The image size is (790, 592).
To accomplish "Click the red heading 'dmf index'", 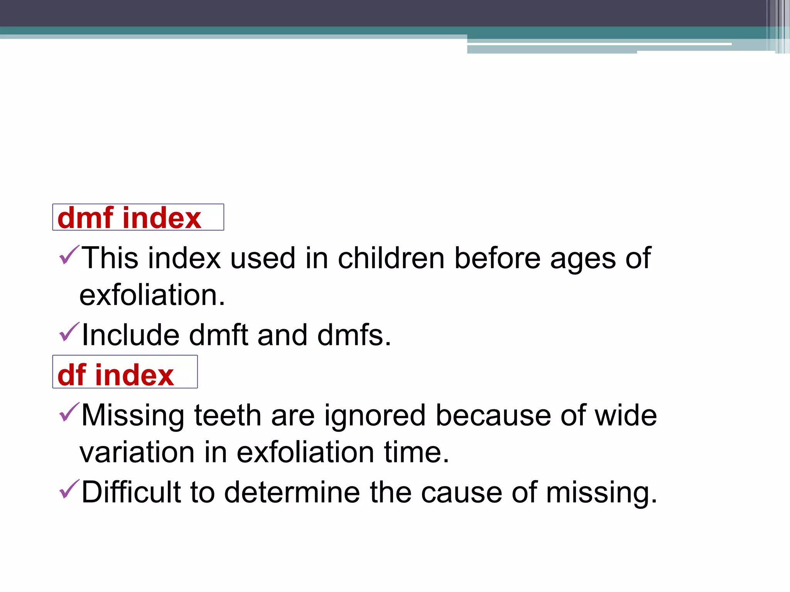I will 129,218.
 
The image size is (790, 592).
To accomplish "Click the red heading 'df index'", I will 115,375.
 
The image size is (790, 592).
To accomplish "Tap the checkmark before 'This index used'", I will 69,255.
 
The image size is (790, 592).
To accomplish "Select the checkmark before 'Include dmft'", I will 69,332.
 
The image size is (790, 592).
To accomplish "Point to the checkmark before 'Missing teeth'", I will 69,412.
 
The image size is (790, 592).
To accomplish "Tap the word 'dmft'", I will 218,335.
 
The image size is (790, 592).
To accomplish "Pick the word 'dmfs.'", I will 354,335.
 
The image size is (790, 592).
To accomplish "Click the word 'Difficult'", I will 131,492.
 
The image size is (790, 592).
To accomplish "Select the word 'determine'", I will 292,492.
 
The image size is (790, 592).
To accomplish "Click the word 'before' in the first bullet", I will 497,258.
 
